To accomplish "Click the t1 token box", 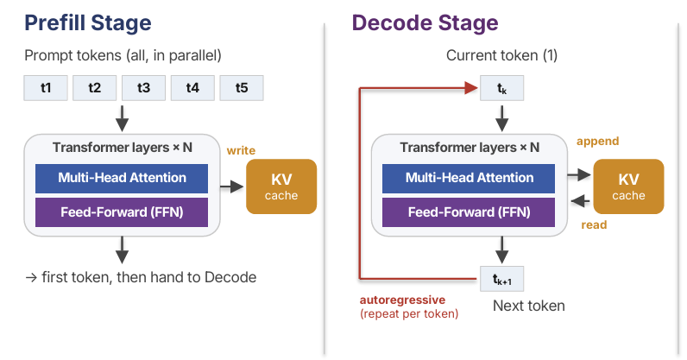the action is click(46, 88).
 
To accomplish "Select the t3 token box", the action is click(144, 88).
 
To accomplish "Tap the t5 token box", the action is click(242, 88).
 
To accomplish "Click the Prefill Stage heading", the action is click(88, 22).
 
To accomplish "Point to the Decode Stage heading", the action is click(425, 22).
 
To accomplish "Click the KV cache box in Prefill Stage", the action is click(281, 186).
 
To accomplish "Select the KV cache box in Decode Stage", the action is click(628, 186).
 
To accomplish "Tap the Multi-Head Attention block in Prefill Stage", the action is click(122, 179).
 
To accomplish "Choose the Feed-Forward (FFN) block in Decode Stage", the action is click(469, 212).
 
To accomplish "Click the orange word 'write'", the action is click(241, 150).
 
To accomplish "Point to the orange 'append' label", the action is click(597, 142).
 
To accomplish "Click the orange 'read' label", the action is click(594, 225).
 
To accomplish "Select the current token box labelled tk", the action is click(501, 88).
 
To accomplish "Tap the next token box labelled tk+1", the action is click(501, 279).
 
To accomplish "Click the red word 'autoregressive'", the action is click(402, 300).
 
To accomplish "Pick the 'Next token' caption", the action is click(529, 306).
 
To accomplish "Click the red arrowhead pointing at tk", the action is click(471, 88).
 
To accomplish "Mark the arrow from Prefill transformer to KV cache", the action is click(232, 186).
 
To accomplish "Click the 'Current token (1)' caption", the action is click(501, 56).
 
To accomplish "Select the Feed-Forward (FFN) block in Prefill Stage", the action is click(122, 212).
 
